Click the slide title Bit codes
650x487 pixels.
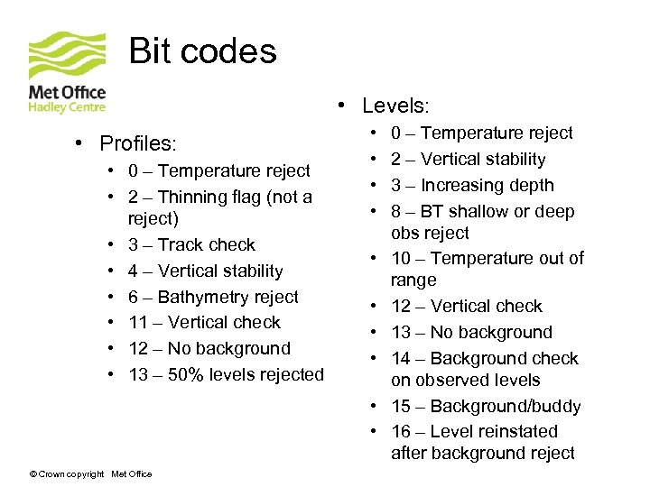pos(202,51)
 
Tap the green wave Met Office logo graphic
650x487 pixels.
pos(65,56)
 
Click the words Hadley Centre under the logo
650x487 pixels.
pos(67,107)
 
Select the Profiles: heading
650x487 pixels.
pos(137,144)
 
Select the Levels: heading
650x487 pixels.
pos(395,106)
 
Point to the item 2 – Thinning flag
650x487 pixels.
pos(219,198)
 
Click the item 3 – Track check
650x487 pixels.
pos(191,245)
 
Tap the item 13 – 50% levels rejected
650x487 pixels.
pos(226,374)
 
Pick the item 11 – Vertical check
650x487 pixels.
pos(204,323)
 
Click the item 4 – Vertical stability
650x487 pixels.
pos(205,271)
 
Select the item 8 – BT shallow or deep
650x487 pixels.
pos(482,212)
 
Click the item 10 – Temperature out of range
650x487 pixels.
pos(487,259)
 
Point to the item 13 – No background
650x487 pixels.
pos(471,333)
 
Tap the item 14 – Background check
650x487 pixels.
pos(484,359)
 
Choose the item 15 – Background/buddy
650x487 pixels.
pos(486,407)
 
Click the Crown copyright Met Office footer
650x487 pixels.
pos(90,474)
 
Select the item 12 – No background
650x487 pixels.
pos(209,349)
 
